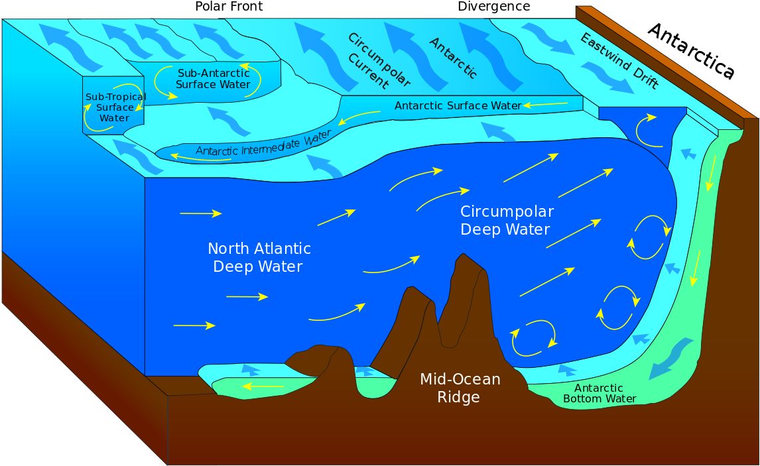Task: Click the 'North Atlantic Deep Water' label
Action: coord(259,258)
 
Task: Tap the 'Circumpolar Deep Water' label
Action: coord(507,221)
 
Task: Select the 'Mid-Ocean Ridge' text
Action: coord(460,388)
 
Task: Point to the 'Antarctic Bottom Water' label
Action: coord(599,394)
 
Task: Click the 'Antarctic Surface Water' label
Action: coord(458,106)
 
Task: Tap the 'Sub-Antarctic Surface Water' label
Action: coord(213,79)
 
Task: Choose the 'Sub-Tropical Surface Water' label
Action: coord(115,107)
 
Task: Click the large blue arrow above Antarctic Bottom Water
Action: coord(670,358)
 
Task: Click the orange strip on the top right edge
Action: coord(666,63)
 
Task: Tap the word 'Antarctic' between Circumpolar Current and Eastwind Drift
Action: coord(453,58)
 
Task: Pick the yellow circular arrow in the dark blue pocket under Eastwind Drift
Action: coord(645,130)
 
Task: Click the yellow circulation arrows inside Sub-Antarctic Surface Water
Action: coord(164,83)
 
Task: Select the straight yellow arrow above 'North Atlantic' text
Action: coord(200,213)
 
